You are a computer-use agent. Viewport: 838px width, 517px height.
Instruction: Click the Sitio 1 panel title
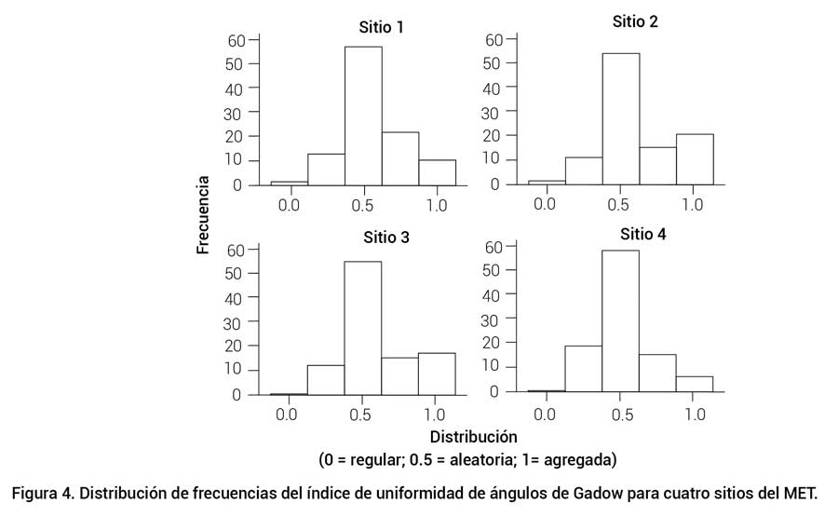(x=382, y=27)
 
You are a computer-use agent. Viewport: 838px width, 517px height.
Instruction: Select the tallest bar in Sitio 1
(x=363, y=116)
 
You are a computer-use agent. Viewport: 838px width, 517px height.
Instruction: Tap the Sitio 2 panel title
(x=635, y=21)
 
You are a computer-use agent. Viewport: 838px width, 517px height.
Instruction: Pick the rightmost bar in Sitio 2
(x=695, y=159)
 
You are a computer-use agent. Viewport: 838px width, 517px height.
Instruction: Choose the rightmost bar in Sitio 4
(x=695, y=384)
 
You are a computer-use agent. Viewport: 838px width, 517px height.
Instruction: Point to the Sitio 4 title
(x=643, y=234)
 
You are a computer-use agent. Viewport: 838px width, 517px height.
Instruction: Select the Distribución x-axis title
(x=473, y=436)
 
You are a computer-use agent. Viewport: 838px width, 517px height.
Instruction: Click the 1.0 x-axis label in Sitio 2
(x=693, y=203)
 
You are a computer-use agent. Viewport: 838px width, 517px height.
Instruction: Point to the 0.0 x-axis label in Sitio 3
(x=288, y=414)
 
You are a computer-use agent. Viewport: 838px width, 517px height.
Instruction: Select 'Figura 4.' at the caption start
(x=45, y=492)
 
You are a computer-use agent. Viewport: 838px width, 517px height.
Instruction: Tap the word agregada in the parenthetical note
(x=577, y=460)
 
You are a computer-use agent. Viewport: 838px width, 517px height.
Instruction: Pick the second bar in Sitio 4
(x=583, y=369)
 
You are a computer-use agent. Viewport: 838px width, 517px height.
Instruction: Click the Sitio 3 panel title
(x=385, y=238)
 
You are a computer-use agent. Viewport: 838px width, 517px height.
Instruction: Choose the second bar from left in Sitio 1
(x=326, y=170)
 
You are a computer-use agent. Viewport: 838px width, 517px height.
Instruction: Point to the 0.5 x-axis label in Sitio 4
(x=620, y=414)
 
